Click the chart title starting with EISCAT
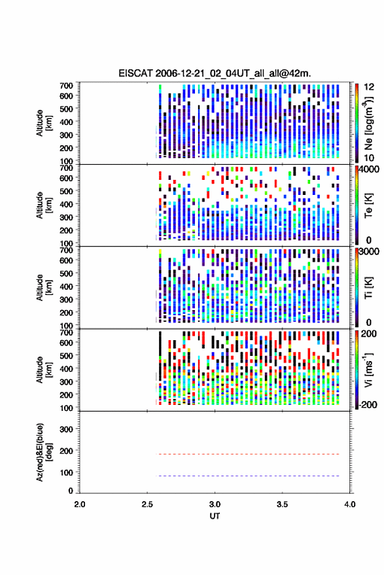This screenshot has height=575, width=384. pos(215,73)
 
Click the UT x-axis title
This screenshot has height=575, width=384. pos(215,516)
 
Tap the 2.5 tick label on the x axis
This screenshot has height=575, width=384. pos(147,504)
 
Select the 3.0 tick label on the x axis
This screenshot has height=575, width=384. pos(215,504)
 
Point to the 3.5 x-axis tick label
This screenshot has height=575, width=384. pos(282,504)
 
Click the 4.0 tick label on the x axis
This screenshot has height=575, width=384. pos(349,504)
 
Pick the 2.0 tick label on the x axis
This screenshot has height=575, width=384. pos(80,504)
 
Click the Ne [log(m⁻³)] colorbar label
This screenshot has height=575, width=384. pos(368,124)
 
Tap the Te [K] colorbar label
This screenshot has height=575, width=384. pos(368,205)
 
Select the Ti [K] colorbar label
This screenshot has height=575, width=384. pos(368,288)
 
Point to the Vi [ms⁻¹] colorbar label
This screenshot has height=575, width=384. pos(368,370)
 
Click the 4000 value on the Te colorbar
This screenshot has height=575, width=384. pos(369,170)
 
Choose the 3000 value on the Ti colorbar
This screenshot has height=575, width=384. pos(369,252)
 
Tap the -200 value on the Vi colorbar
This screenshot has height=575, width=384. pos(368,405)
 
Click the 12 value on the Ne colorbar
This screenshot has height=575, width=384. pos(368,87)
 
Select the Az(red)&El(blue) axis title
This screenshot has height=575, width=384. pos(43,452)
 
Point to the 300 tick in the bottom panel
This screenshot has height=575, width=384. pos(66,429)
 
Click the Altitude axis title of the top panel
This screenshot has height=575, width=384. pos(43,123)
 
